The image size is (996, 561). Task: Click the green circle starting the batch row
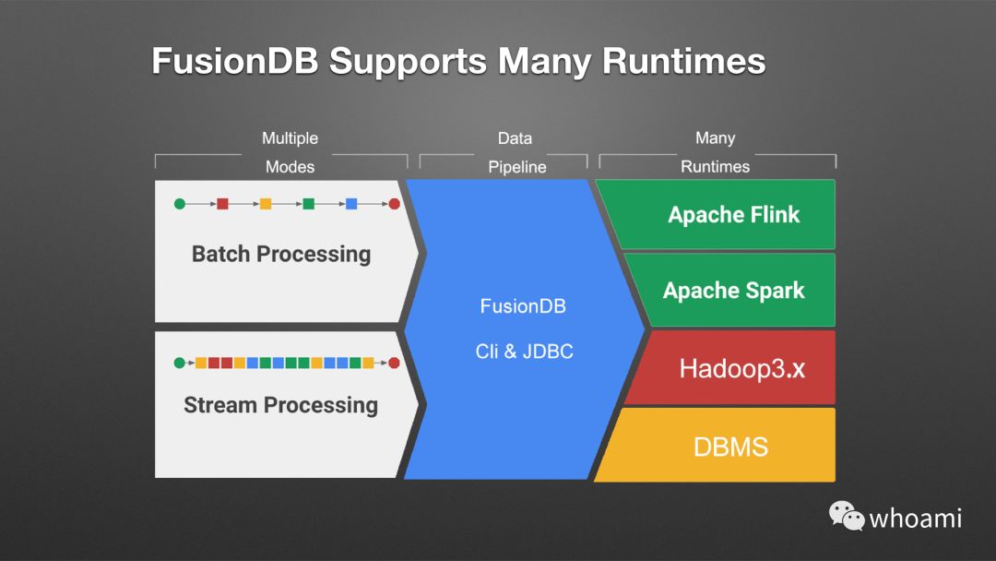[180, 203]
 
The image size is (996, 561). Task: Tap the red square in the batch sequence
[222, 203]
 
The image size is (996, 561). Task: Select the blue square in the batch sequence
[351, 203]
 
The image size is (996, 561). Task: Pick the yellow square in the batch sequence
[266, 203]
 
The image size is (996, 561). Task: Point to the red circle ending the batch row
[394, 203]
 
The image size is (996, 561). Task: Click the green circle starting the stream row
[180, 363]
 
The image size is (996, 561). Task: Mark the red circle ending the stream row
[394, 363]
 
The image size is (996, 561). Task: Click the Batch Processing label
[281, 255]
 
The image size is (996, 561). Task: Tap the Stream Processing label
[280, 405]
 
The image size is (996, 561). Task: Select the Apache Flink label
[733, 215]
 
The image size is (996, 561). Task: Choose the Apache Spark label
[733, 291]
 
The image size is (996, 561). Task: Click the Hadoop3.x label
[742, 368]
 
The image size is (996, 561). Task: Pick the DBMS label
[730, 448]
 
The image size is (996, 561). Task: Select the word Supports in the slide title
[409, 62]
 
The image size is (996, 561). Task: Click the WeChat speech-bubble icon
[846, 516]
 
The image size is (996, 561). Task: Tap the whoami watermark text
[916, 518]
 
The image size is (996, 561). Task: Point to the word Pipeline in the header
[516, 167]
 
